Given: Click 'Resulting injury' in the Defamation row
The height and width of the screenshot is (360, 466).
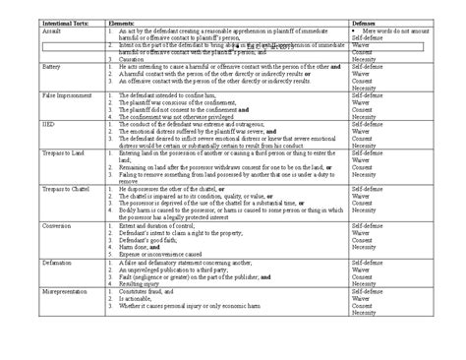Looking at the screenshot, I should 143,284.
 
